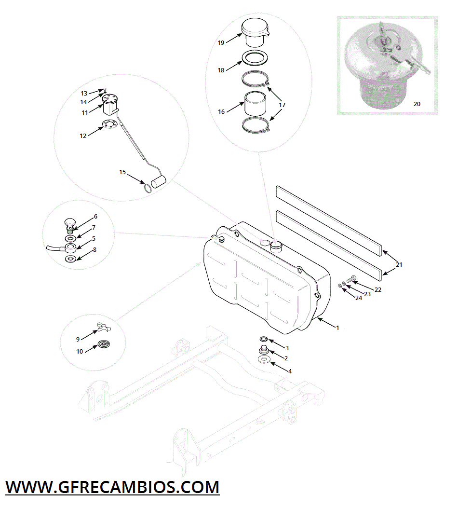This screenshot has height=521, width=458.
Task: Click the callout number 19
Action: pos(221,42)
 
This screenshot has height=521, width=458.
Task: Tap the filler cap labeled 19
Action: pos(255,32)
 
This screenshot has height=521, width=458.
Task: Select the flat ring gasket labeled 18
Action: pos(255,58)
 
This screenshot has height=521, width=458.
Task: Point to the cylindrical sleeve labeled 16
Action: pos(256,103)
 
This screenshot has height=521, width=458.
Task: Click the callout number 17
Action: pos(282,105)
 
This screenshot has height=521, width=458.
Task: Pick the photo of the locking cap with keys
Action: pos(387,66)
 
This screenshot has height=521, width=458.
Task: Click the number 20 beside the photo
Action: pos(417,104)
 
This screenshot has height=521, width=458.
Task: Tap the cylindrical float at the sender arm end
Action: pos(159,181)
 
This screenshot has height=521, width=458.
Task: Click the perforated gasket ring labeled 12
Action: pos(109,124)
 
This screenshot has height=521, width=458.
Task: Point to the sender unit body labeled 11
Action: pos(110,104)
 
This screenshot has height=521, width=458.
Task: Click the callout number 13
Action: pos(84,94)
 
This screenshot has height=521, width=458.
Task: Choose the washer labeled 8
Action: pos(71,259)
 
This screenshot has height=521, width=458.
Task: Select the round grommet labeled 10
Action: pos(104,344)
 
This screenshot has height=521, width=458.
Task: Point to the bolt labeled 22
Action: pos(351,279)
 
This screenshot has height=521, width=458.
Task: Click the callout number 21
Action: pos(399,264)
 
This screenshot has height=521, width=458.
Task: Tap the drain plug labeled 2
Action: pos(263,350)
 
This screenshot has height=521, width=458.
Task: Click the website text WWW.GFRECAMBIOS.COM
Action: pos(113,487)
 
